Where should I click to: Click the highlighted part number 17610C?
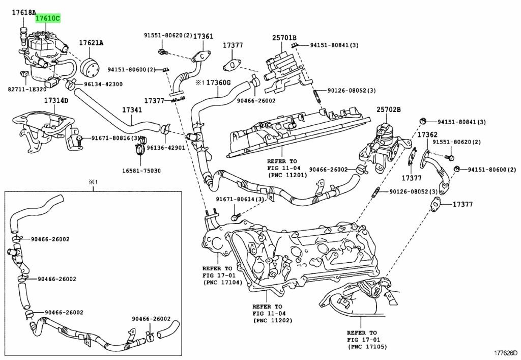pyautogui.click(x=47, y=19)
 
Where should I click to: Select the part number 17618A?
pyautogui.click(x=24, y=12)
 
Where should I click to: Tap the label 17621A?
pyautogui.click(x=91, y=43)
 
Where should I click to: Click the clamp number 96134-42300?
pyautogui.click(x=103, y=84)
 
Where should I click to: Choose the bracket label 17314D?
pyautogui.click(x=55, y=100)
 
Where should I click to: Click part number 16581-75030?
pyautogui.click(x=141, y=171)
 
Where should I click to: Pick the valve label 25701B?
pyautogui.click(x=284, y=37)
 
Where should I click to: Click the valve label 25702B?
pyautogui.click(x=388, y=109)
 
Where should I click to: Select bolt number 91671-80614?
pyautogui.click(x=239, y=199)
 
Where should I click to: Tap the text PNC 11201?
pyautogui.click(x=287, y=175)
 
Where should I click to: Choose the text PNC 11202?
pyautogui.click(x=272, y=321)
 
